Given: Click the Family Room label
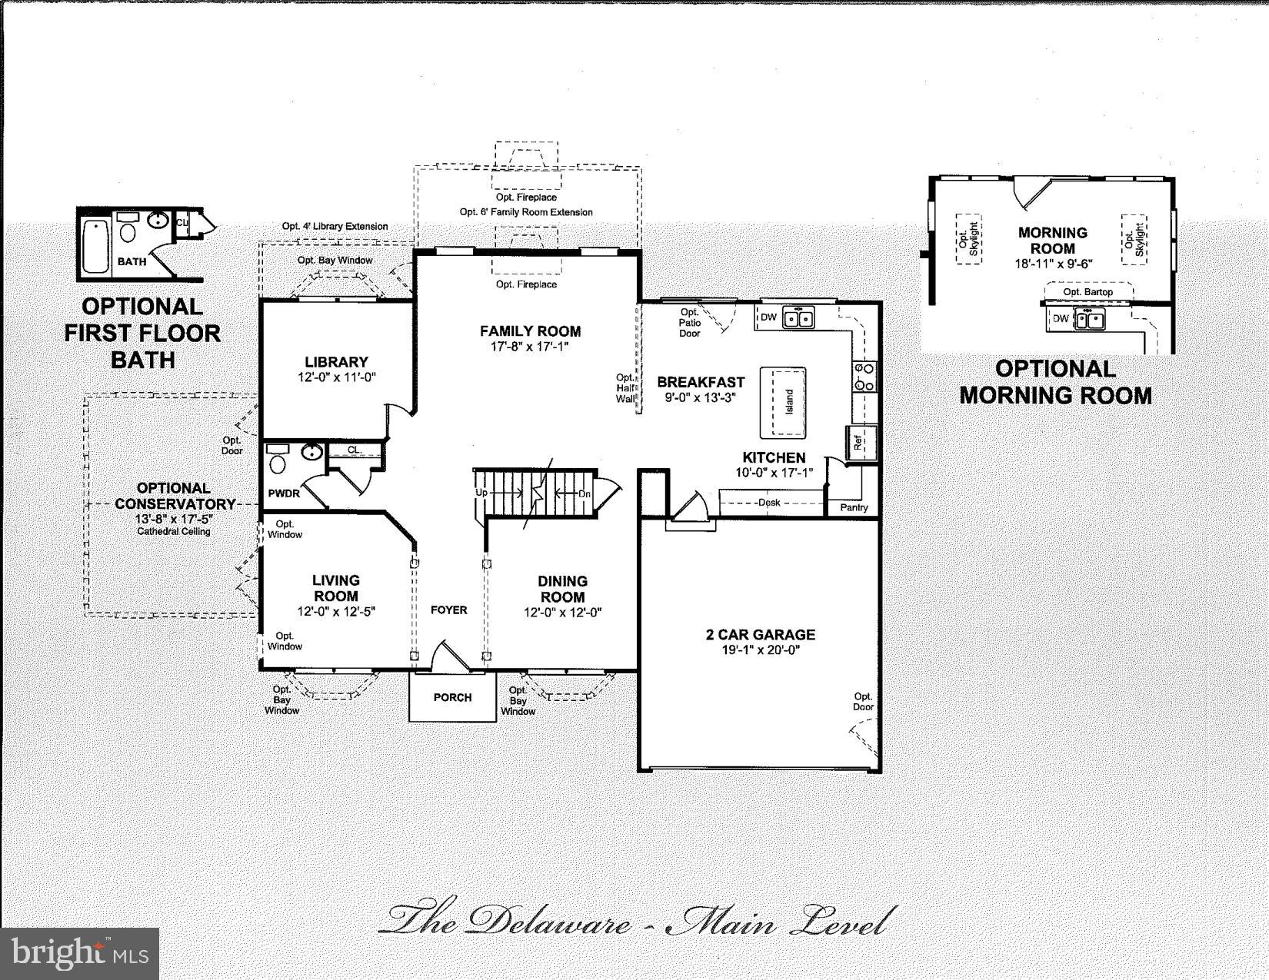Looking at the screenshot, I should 530,331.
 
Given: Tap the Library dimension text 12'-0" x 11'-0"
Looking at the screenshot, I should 336,377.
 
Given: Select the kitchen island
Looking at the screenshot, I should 783,401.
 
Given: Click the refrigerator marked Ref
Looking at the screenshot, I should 859,442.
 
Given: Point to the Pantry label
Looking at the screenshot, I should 854,507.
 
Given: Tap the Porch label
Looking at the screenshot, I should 452,697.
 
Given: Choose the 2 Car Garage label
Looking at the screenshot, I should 760,635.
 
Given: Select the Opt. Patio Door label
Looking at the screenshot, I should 690,323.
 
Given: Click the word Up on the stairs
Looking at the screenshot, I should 481,492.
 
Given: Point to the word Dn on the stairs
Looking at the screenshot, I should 585,493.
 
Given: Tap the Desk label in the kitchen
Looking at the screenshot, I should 768,503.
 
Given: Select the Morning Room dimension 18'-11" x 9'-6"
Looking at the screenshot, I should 1053,263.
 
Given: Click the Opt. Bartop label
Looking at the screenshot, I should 1087,292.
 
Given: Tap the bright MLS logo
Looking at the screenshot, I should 80,954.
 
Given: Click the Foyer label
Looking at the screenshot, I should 448,610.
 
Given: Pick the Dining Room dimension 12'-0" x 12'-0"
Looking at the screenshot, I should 562,613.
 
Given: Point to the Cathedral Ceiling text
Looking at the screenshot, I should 174,531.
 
